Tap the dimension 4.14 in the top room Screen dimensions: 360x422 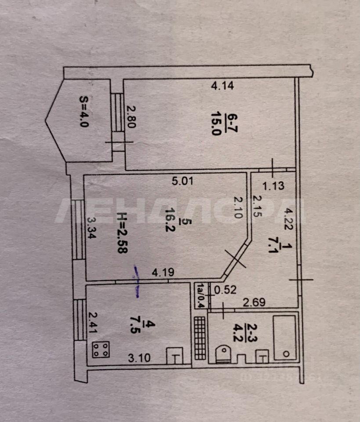222,86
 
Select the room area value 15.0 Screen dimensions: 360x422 215,125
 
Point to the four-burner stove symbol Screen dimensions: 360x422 101,350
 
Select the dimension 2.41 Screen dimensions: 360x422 92,323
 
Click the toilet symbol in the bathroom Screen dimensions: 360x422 224,354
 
